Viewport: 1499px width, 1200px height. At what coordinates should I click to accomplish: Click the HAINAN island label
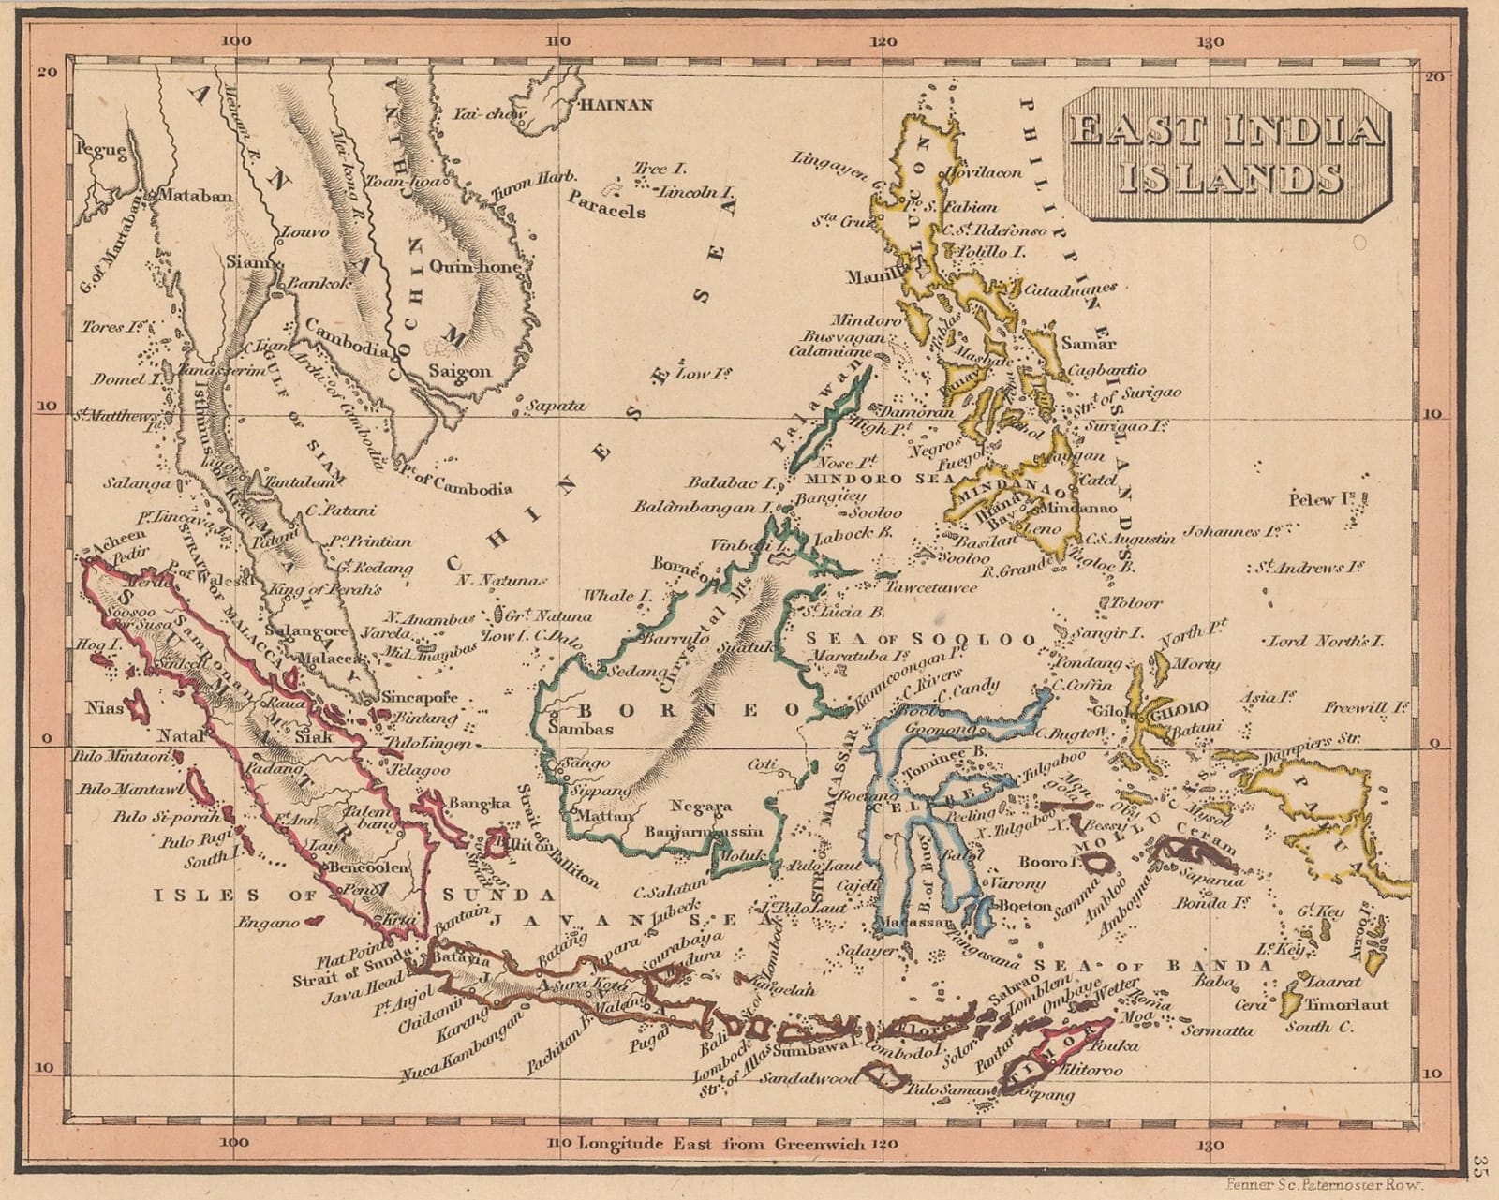(617, 105)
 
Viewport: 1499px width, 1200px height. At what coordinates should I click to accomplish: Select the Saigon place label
(459, 371)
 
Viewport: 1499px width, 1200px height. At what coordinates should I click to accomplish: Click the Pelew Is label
(1324, 498)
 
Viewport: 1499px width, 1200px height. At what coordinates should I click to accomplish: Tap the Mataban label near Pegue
(193, 196)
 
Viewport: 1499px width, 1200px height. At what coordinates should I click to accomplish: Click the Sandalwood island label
(808, 1079)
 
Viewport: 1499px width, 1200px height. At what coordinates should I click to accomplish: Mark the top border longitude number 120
(883, 42)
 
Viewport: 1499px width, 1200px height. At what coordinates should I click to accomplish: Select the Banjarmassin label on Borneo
(704, 832)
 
